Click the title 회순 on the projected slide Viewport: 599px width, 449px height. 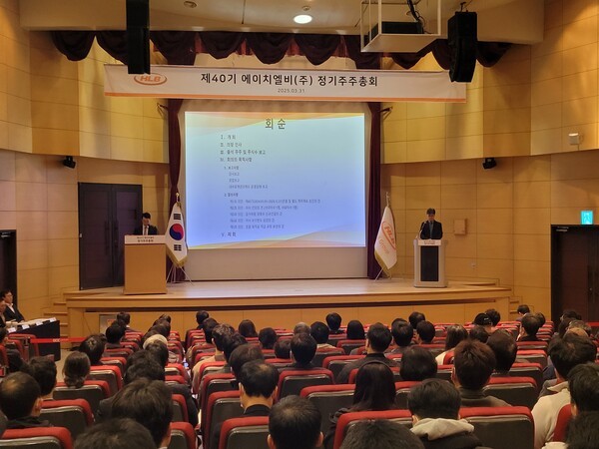click(x=275, y=124)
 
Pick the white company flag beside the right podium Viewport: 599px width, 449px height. click(x=385, y=239)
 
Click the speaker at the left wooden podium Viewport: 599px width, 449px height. click(x=147, y=225)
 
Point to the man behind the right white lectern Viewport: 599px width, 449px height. click(x=430, y=225)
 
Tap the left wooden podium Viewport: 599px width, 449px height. click(x=146, y=264)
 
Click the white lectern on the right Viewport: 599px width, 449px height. click(x=430, y=262)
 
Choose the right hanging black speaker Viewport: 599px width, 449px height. click(x=461, y=46)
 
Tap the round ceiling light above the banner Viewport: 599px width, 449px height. click(x=302, y=18)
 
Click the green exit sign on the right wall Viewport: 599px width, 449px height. click(x=586, y=217)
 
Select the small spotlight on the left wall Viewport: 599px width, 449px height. click(x=69, y=162)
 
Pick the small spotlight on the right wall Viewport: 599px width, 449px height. click(x=489, y=163)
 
